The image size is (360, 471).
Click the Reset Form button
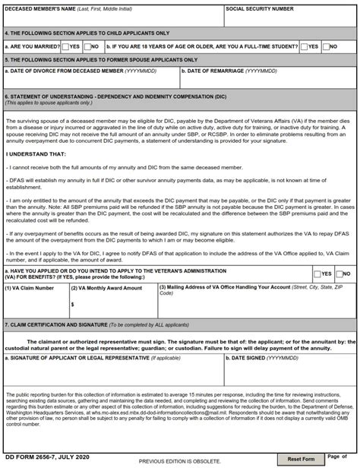tap(301, 459)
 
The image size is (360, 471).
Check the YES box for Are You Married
tap(65, 46)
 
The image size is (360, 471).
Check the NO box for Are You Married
tap(87, 46)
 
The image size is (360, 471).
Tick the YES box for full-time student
tap(303, 46)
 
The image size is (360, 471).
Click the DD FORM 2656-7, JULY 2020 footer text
tap(47, 457)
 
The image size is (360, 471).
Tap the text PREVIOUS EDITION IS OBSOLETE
tap(180, 461)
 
